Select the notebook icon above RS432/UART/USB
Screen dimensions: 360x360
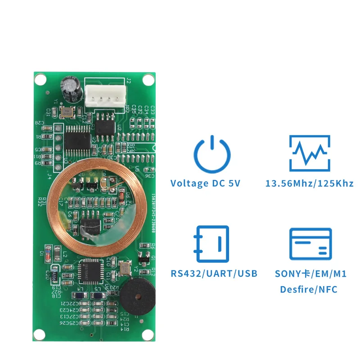tap(211, 243)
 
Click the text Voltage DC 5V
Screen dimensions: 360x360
tap(205, 183)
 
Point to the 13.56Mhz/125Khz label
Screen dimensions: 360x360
tap(310, 183)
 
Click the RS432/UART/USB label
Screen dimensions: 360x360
tap(214, 273)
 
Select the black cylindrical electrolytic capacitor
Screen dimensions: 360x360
tap(72, 87)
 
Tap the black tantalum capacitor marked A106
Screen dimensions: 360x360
tap(55, 275)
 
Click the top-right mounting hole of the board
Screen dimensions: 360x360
tap(148, 80)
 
